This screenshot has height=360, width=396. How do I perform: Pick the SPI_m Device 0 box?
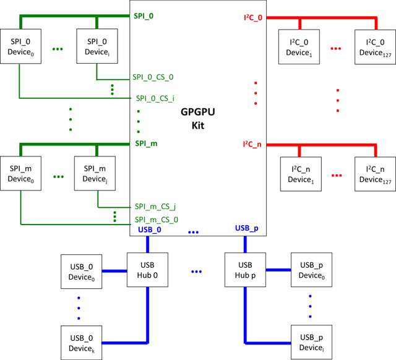pyautogui.click(x=20, y=174)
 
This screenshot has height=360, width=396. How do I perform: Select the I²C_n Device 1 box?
pyautogui.click(x=299, y=174)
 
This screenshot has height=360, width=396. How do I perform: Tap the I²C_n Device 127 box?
pyautogui.click(x=375, y=174)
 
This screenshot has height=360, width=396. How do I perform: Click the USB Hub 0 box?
pyautogui.click(x=147, y=270)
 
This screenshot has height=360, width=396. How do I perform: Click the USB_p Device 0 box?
pyautogui.click(x=311, y=270)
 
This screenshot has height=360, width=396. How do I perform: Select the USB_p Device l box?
pyautogui.click(x=311, y=343)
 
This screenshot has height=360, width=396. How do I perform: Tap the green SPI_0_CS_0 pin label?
pyautogui.click(x=153, y=77)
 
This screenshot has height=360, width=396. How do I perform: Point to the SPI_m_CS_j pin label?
pyautogui.click(x=155, y=207)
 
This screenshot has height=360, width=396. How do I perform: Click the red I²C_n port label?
pyautogui.click(x=252, y=144)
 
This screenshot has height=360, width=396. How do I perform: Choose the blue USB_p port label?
pyautogui.click(x=247, y=228)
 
